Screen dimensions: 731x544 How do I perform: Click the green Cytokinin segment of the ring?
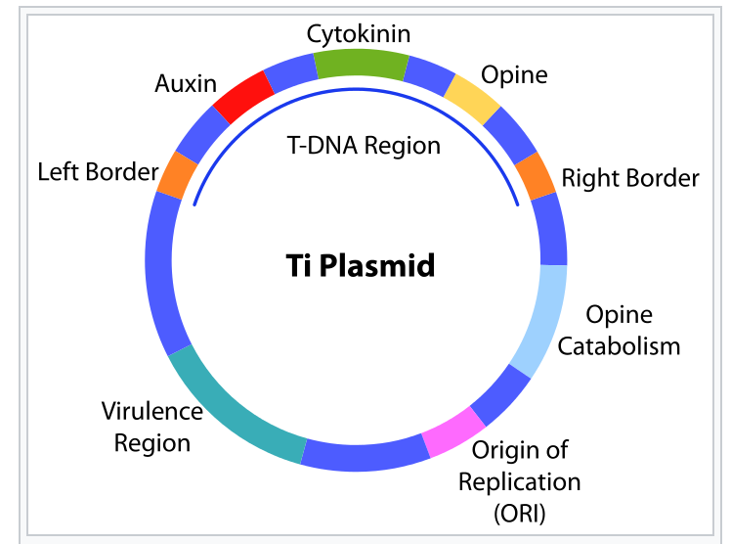point(361,64)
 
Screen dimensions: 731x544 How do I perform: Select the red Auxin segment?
point(243,97)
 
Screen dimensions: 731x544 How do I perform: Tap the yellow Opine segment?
point(472,100)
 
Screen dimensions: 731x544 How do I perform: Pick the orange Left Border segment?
point(177,175)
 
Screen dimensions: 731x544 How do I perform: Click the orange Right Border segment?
point(536,176)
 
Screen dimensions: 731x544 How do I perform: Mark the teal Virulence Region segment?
point(234,411)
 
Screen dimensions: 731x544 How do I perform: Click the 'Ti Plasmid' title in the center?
point(361,265)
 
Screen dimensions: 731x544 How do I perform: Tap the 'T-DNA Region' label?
point(364,145)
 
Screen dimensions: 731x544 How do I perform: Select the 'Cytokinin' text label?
point(359,34)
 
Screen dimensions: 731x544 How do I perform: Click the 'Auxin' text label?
point(186,84)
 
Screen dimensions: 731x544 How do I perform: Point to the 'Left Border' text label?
point(98,171)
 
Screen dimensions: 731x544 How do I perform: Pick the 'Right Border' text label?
point(630,178)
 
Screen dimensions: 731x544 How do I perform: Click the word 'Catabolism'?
point(619,346)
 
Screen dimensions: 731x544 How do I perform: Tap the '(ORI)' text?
point(519,514)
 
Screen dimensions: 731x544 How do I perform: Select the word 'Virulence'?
point(152,412)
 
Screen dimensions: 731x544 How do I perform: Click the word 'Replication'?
point(519,482)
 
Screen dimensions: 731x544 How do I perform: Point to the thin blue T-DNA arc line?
point(356,89)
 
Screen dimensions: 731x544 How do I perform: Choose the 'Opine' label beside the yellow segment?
point(514,75)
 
